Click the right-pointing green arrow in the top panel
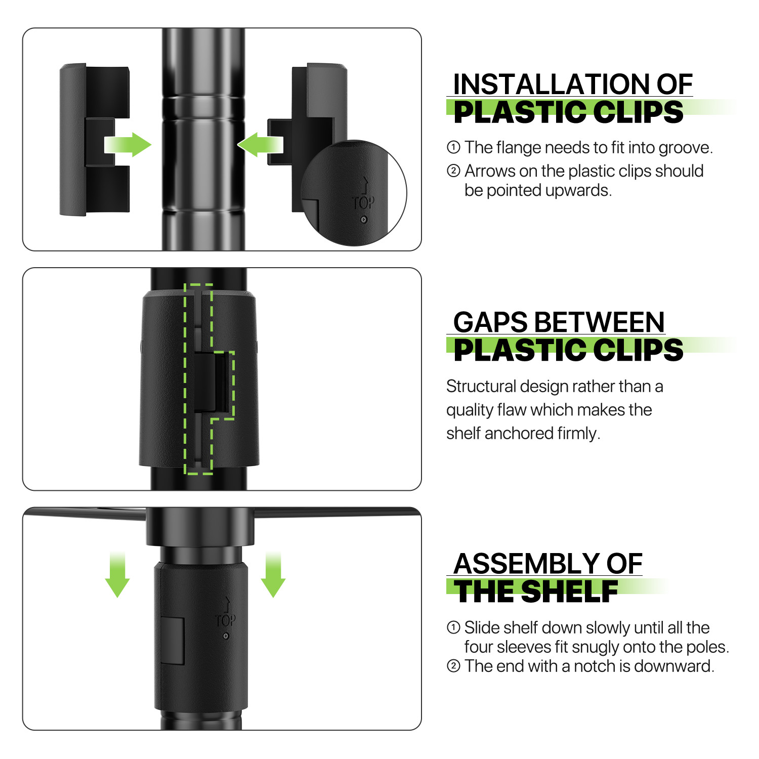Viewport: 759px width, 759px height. [128, 145]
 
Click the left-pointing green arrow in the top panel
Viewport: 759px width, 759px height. [260, 145]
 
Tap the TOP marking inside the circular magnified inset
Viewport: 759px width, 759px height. [363, 203]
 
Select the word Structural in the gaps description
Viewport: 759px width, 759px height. [481, 386]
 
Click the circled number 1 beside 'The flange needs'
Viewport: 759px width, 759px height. [453, 147]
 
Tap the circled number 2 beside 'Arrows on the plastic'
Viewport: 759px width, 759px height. [453, 171]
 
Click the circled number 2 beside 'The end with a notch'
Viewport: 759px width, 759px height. [453, 666]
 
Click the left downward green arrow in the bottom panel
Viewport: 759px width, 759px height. [117, 575]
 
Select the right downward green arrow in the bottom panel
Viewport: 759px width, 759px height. [273, 575]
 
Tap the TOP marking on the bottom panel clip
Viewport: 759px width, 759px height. [225, 620]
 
